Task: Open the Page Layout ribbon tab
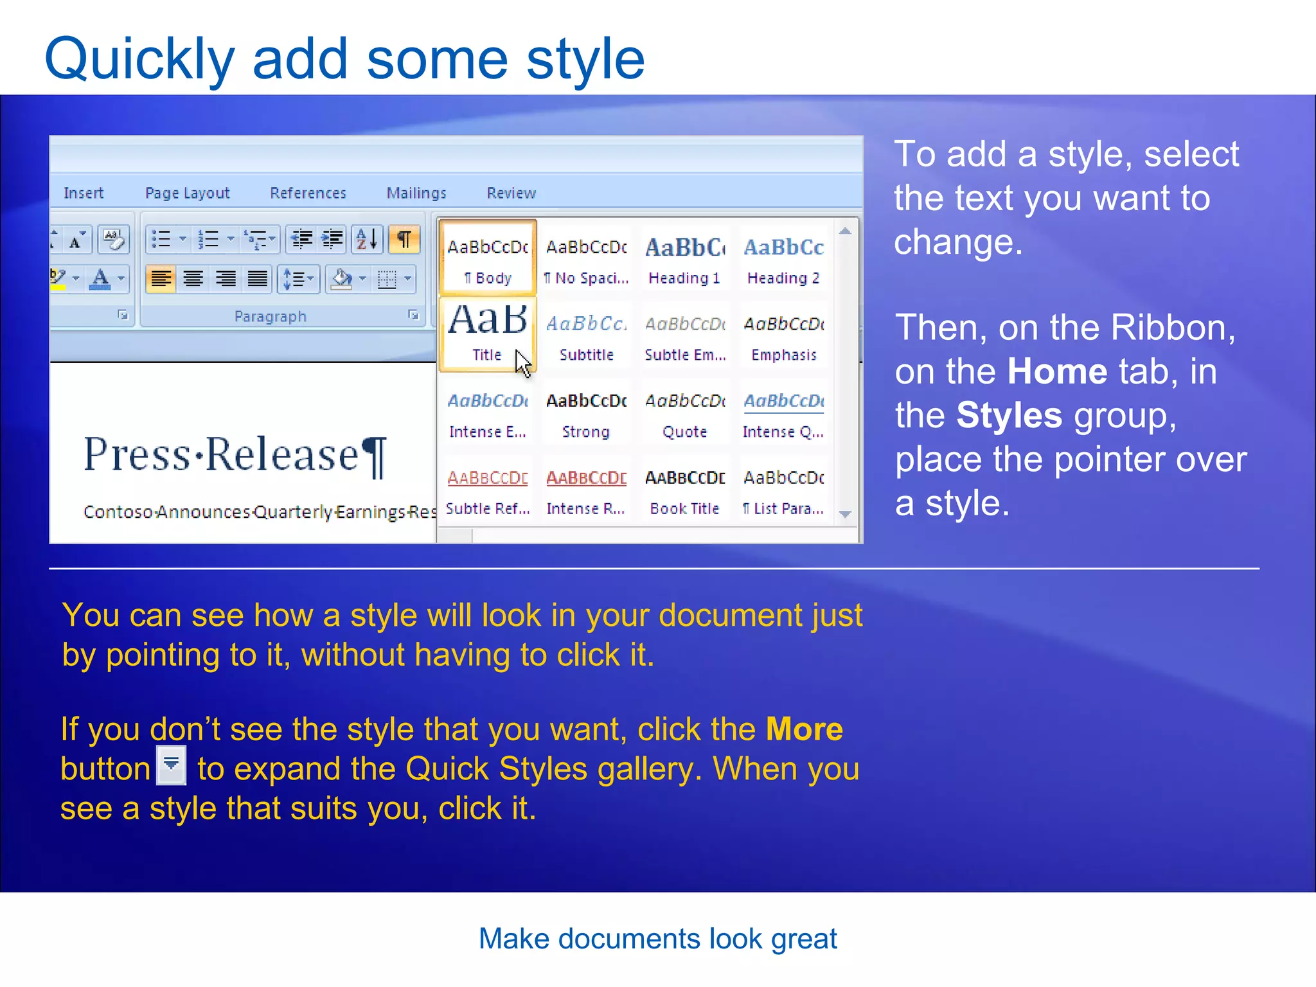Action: point(187,193)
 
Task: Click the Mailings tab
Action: point(416,193)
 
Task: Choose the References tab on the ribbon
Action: point(308,193)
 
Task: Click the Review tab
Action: point(511,193)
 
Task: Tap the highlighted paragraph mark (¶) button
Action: point(404,240)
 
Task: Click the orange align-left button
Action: point(161,279)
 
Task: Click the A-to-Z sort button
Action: point(367,240)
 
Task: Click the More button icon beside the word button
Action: point(172,765)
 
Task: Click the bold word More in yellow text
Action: point(804,729)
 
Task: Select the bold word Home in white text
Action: point(1057,371)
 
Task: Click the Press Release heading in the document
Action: point(235,455)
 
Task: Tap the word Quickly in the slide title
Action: point(139,59)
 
